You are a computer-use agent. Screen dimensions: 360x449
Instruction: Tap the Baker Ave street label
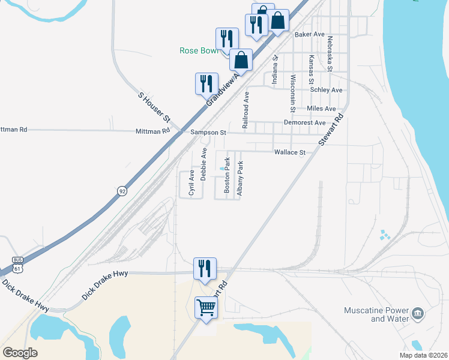click(x=309, y=35)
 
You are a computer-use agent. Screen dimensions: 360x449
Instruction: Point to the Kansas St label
click(x=311, y=69)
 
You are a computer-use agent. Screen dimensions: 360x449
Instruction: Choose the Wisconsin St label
click(x=292, y=94)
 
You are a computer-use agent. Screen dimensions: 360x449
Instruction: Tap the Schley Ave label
click(x=326, y=90)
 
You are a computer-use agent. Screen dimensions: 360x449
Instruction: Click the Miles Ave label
click(x=321, y=109)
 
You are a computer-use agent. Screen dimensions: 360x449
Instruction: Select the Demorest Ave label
click(x=304, y=122)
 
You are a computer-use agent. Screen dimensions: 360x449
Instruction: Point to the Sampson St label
click(x=208, y=132)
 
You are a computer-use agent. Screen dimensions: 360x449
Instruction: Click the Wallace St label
click(x=290, y=152)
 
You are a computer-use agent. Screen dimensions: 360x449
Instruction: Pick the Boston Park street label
click(x=228, y=175)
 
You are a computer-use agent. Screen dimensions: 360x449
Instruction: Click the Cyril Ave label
click(x=191, y=183)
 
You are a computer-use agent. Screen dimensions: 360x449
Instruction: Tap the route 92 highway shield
click(x=122, y=191)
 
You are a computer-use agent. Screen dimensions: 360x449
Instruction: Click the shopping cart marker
click(x=206, y=308)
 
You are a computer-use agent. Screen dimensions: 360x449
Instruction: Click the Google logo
click(x=20, y=352)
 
